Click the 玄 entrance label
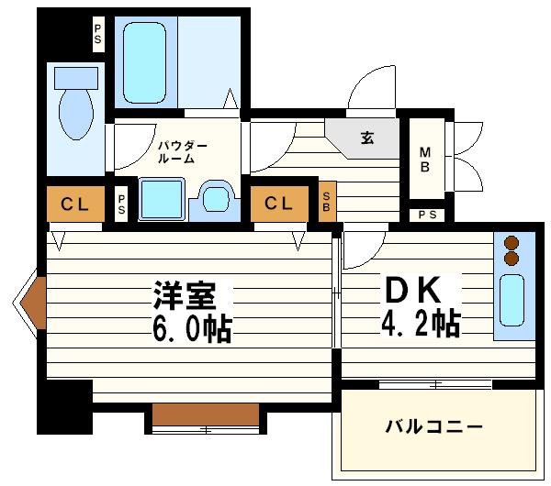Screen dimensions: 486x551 pos(366,138)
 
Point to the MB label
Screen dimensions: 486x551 pos(425,160)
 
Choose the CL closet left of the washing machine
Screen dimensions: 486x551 pos(75,204)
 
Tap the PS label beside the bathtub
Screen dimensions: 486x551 pos(98,37)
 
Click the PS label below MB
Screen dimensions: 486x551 pos(427,215)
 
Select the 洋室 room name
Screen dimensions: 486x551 pos(185,295)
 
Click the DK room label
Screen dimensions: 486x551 pos(413,291)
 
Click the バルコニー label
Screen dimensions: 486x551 pos(433,427)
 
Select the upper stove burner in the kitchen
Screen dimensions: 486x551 pos(512,243)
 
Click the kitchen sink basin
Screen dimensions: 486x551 pos(511,304)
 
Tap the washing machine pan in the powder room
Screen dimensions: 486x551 pos(162,199)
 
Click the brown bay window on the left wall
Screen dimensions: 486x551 pos(34,300)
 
